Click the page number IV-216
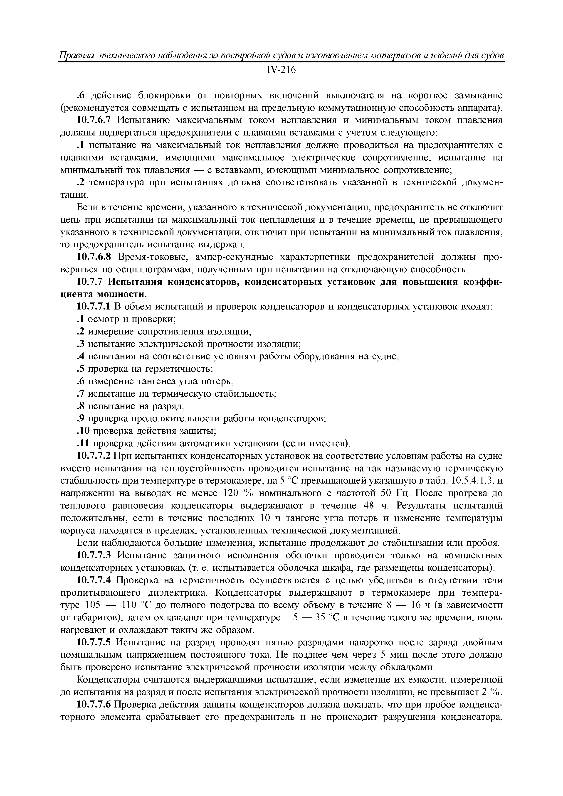[x=281, y=70]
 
